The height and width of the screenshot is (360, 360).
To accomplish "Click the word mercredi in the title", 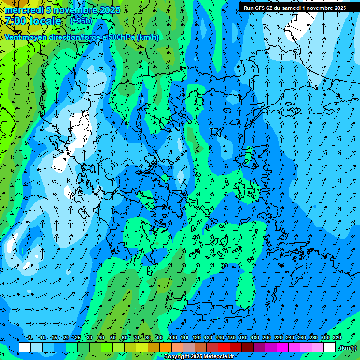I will click(x=24, y=10).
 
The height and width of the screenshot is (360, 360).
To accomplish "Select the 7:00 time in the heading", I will click(x=16, y=21).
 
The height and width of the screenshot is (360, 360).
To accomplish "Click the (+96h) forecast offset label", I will click(x=81, y=21).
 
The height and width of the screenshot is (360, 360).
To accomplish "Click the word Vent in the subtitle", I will click(x=14, y=37).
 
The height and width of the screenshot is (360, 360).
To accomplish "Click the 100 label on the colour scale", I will click(x=172, y=338).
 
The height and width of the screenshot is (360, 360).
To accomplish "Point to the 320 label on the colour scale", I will click(x=337, y=338).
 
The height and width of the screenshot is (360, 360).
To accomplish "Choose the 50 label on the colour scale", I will click(x=113, y=338).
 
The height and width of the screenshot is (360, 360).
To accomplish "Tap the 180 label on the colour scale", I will click(x=255, y=338).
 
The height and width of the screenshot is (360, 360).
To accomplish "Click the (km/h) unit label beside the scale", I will click(x=348, y=348).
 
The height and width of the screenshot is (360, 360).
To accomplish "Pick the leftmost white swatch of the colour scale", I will click(x=25, y=347).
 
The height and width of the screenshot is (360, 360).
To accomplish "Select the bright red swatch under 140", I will click(x=224, y=347).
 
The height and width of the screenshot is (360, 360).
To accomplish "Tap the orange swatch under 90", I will click(x=165, y=347).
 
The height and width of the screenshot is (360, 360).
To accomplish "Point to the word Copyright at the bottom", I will click(x=177, y=357).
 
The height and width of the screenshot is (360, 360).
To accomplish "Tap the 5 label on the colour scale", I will click(x=30, y=338).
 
